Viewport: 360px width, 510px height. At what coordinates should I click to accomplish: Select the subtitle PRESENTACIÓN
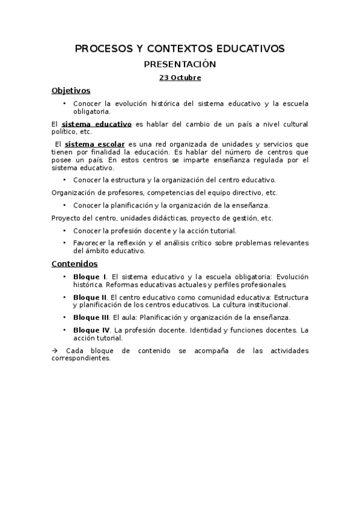coord(180,64)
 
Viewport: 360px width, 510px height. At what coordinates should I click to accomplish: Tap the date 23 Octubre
coord(180,78)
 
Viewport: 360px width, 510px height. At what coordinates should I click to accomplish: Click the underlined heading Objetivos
coord(71,91)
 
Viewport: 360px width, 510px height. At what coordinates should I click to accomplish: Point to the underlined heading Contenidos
coord(75,263)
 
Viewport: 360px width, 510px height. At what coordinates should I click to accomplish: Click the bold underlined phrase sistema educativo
coord(97,124)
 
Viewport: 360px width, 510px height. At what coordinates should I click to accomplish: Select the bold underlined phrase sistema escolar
coord(94,144)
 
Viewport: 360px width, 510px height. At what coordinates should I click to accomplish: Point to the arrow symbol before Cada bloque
coord(55,351)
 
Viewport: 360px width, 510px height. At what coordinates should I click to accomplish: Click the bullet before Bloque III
coord(64,317)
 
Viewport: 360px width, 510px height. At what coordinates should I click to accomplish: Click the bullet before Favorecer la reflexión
coord(64,242)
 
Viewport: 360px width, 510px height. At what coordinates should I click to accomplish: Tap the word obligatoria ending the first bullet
coord(92,111)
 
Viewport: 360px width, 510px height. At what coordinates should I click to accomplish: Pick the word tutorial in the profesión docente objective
coord(224,231)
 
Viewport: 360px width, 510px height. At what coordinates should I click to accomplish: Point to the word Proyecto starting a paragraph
coord(66,218)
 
